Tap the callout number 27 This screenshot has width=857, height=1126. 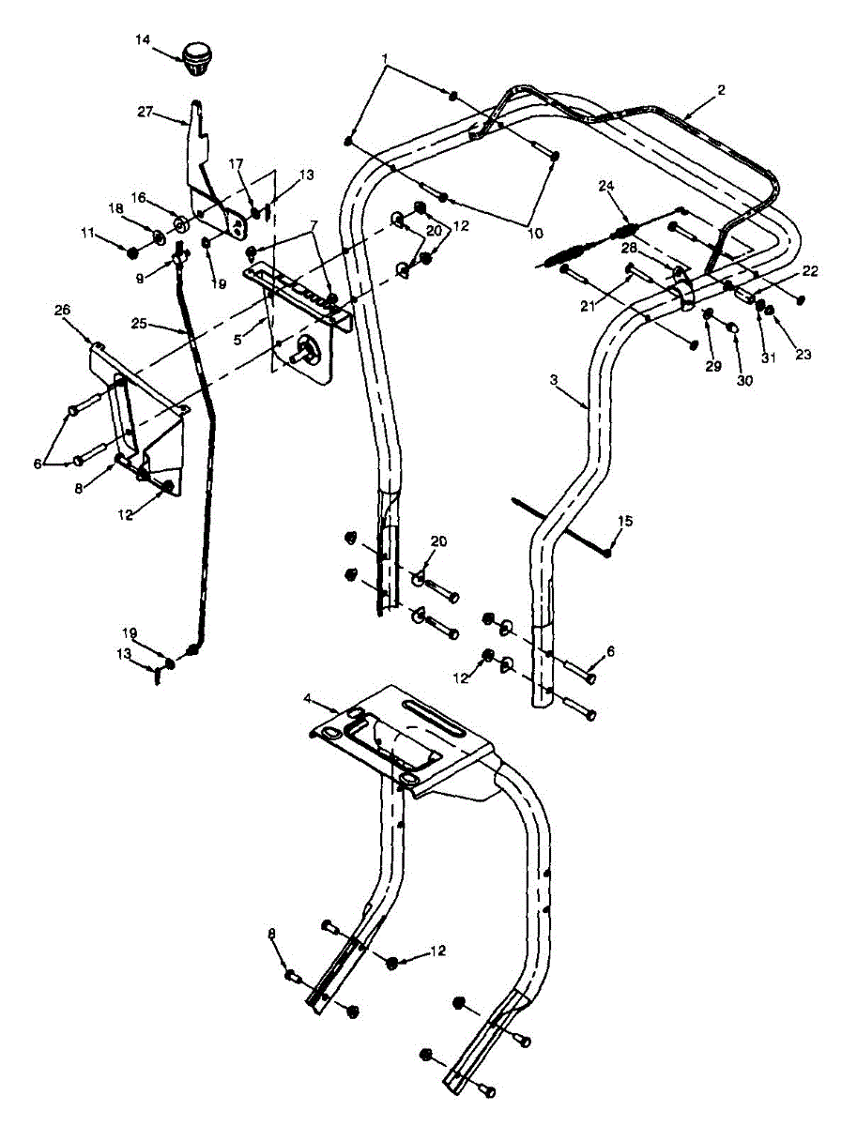coord(145,111)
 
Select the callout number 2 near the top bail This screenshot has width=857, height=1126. coord(720,90)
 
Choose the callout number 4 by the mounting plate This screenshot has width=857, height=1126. coord(307,699)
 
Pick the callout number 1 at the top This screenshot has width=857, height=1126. coord(384,58)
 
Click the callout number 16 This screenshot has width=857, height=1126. coord(139,198)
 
